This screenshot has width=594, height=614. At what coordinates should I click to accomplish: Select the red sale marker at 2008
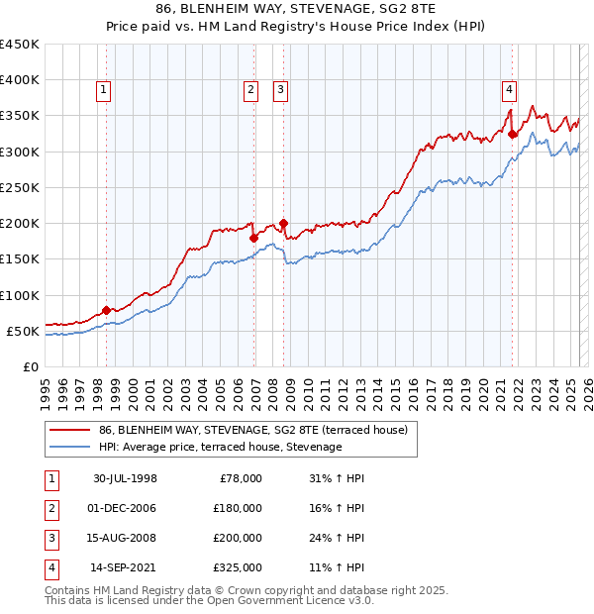click(284, 223)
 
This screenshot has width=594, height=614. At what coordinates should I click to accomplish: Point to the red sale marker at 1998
click(107, 310)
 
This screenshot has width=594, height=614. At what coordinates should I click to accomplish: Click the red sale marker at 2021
click(513, 134)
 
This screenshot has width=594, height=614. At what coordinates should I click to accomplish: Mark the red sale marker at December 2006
click(254, 238)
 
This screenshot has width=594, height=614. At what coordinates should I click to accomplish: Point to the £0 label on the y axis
click(31, 366)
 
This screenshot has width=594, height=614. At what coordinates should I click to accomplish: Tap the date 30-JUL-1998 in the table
click(125, 478)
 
